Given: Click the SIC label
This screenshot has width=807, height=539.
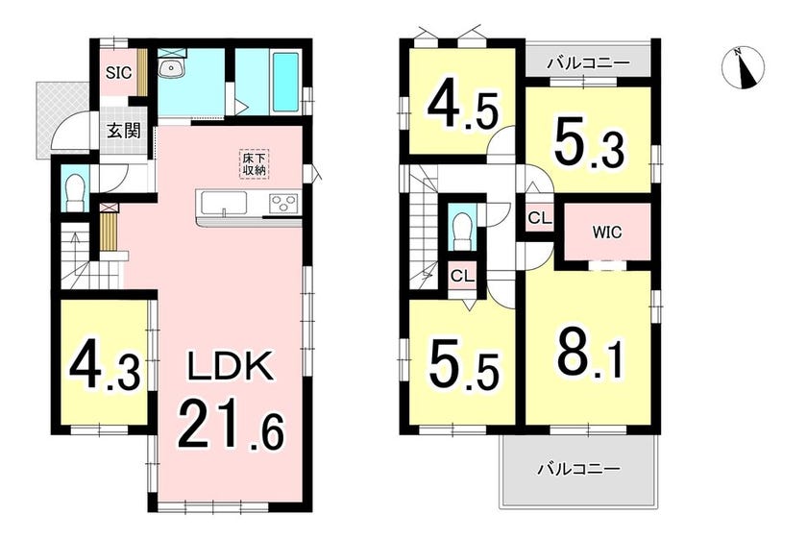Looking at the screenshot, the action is pyautogui.click(x=119, y=73).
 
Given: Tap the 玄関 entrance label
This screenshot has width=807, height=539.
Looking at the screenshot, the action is pyautogui.click(x=124, y=131).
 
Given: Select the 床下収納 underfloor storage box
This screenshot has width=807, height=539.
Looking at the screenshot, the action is pyautogui.click(x=255, y=163).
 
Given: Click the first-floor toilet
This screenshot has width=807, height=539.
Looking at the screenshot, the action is pyautogui.click(x=75, y=189).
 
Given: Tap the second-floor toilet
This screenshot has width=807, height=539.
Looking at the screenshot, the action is pyautogui.click(x=462, y=229).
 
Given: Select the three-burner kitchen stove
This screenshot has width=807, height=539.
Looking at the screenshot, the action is pyautogui.click(x=284, y=202).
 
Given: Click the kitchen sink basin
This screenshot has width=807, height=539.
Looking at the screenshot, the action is pyautogui.click(x=225, y=204).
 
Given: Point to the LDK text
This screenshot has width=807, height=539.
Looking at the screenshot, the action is pyautogui.click(x=229, y=367).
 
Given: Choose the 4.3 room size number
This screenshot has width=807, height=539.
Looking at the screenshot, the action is pyautogui.click(x=105, y=367).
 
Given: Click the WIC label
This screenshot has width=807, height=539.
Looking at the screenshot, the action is pyautogui.click(x=607, y=233).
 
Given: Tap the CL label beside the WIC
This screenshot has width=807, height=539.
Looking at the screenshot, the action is pyautogui.click(x=540, y=218).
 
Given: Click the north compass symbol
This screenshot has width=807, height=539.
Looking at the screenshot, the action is pyautogui.click(x=744, y=68).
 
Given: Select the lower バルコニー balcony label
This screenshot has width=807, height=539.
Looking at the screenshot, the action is pyautogui.click(x=579, y=469).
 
